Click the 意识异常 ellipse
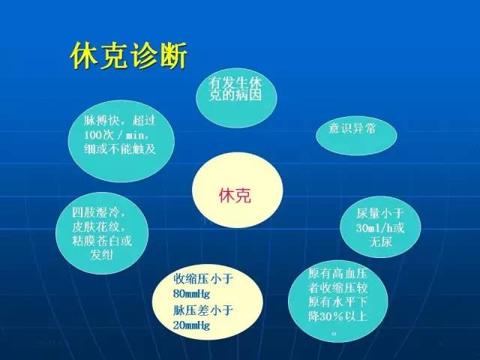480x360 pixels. click(x=352, y=128)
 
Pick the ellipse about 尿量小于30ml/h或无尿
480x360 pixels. click(x=378, y=228)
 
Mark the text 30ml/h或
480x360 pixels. click(x=379, y=228)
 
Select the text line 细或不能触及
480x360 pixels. click(x=120, y=148)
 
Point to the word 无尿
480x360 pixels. click(x=379, y=242)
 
